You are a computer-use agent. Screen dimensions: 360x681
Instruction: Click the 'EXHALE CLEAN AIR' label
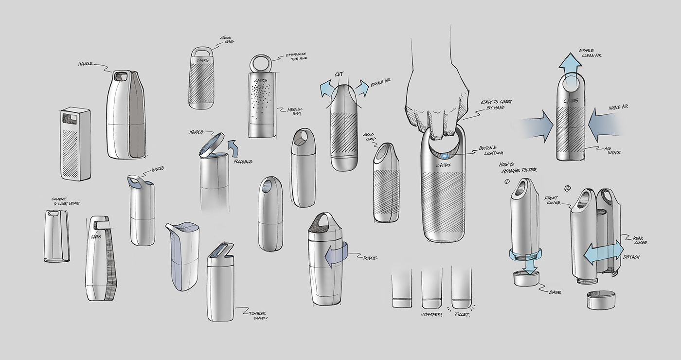[591, 53]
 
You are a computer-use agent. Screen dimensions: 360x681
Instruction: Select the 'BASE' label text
[555, 292]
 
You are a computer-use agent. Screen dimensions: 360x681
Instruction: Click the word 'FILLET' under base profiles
[462, 315]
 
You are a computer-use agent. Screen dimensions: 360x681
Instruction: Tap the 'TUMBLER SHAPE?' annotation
[258, 316]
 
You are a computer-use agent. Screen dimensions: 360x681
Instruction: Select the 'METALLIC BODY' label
[290, 112]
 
